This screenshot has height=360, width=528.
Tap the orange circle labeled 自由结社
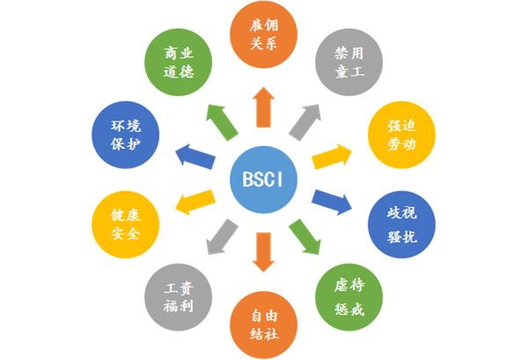(x=264, y=323)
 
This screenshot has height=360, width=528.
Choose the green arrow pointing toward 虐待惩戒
(x=304, y=237)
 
